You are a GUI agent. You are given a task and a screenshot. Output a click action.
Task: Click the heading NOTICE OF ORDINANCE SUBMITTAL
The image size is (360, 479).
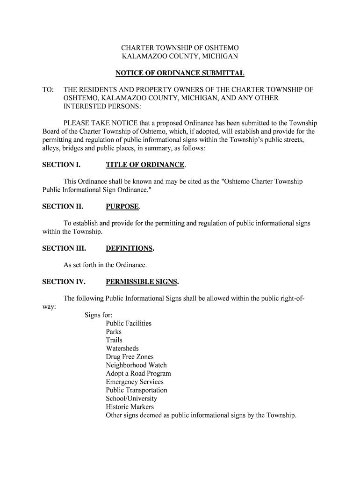(x=180, y=73)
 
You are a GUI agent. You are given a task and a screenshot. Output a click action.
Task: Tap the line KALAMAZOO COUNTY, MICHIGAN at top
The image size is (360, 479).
(x=180, y=57)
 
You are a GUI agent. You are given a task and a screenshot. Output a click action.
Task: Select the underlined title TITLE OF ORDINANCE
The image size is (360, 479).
(x=145, y=165)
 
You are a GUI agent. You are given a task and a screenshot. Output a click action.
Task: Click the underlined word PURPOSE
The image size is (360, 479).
(x=122, y=206)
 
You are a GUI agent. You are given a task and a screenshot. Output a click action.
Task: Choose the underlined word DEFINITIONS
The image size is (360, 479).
(x=130, y=248)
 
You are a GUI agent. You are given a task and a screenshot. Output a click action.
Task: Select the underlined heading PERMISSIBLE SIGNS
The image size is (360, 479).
(x=142, y=282)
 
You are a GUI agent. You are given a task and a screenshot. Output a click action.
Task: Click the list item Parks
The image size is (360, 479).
(x=114, y=332)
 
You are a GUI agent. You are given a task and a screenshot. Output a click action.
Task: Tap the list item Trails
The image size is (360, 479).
(x=114, y=340)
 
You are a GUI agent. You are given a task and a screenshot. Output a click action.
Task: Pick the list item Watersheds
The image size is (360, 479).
(x=122, y=348)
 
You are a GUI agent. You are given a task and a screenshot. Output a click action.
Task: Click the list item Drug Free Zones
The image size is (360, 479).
(x=130, y=357)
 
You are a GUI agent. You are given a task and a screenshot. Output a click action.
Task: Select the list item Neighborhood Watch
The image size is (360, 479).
(x=136, y=365)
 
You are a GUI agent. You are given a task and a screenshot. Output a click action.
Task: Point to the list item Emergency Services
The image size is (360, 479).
(x=135, y=382)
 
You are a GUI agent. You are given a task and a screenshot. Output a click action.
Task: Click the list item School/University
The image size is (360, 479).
(x=131, y=399)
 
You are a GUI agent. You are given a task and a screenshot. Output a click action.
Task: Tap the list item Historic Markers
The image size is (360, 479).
(x=130, y=407)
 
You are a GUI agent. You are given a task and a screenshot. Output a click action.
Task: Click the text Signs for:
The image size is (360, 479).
(x=98, y=315)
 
